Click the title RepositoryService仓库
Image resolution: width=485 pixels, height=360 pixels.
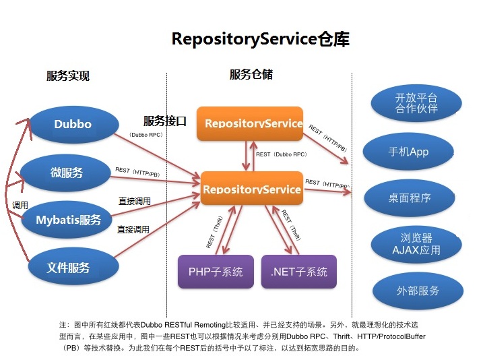click(261, 39)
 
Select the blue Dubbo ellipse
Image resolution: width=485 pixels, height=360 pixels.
click(73, 124)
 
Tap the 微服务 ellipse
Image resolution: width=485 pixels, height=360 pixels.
click(67, 173)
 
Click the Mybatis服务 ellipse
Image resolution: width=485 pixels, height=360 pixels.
click(68, 220)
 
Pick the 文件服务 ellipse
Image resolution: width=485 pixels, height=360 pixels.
click(68, 268)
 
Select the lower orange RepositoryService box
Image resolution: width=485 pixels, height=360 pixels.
click(251, 189)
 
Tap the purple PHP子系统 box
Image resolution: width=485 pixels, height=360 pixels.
click(216, 272)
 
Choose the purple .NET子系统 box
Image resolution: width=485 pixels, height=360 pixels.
click(298, 272)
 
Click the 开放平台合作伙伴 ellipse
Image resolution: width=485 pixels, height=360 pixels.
click(416, 103)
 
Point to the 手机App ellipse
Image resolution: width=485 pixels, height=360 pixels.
click(408, 152)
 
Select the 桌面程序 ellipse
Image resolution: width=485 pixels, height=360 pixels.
click(409, 198)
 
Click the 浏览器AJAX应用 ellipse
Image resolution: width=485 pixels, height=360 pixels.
click(416, 244)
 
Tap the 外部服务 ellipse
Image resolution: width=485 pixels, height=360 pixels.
click(418, 291)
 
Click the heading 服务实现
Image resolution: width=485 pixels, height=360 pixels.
click(68, 76)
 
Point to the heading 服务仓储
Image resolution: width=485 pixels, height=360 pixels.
click(251, 75)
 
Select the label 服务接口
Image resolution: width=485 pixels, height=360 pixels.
click(164, 121)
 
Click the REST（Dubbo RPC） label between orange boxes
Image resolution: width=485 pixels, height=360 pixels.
click(282, 154)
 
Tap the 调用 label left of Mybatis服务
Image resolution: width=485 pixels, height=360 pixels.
click(20, 205)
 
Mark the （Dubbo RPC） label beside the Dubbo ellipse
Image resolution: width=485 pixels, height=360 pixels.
click(146, 135)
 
